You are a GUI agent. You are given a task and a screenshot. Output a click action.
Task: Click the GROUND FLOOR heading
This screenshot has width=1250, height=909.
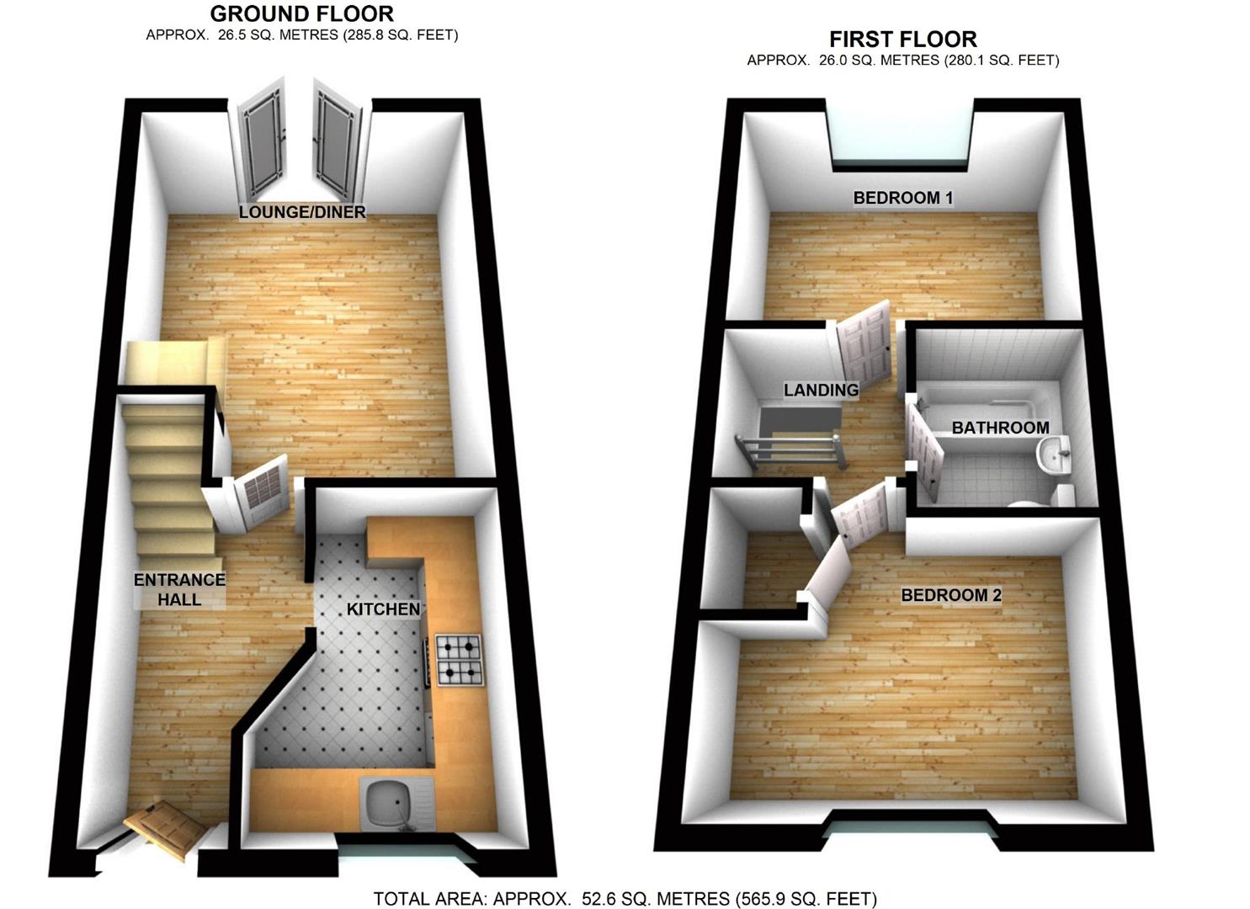pos(301,14)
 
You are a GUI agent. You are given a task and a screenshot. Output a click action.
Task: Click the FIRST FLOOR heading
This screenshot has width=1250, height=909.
pos(902,40)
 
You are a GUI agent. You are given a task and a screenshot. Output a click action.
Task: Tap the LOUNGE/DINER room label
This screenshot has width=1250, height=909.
pos(302,212)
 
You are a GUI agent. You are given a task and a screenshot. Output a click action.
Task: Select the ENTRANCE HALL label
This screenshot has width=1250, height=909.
pos(179,589)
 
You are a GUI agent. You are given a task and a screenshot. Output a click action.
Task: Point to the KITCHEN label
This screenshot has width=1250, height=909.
pos(383,609)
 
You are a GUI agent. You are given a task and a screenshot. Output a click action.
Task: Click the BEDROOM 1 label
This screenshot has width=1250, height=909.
pos(902,198)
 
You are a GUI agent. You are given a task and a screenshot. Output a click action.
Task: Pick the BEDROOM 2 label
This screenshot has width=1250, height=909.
pos(951,595)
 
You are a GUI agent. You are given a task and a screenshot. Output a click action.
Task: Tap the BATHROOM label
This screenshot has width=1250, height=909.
pos(1000,428)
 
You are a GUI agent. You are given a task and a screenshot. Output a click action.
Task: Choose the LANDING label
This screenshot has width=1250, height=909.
pos(821,390)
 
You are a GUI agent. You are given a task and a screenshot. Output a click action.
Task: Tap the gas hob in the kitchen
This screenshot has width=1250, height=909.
pos(460,659)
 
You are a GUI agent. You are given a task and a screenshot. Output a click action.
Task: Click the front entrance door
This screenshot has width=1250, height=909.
pos(166,828)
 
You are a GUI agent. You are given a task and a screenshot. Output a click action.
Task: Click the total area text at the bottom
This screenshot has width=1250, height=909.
pos(625,898)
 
